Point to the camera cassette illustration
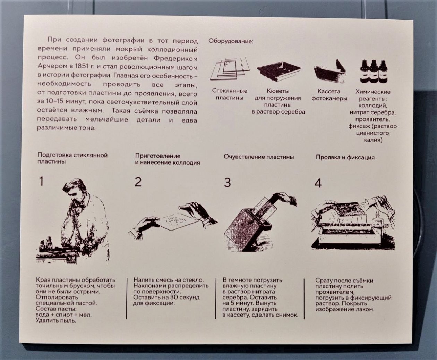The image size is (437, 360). tap(330, 71)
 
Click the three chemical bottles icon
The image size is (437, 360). tap(374, 71)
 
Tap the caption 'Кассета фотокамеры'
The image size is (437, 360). tap(329, 95)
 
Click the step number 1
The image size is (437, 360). tap(41, 181)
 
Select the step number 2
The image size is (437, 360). tap(138, 182)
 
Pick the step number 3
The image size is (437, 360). tap(227, 183)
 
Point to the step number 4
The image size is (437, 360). tap(318, 183)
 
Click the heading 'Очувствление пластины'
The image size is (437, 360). tap(259, 157)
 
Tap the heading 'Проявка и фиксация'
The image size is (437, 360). tap(345, 157)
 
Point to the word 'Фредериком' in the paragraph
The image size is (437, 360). tap(175, 58)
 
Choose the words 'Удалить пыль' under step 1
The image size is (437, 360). tap(56, 320)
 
